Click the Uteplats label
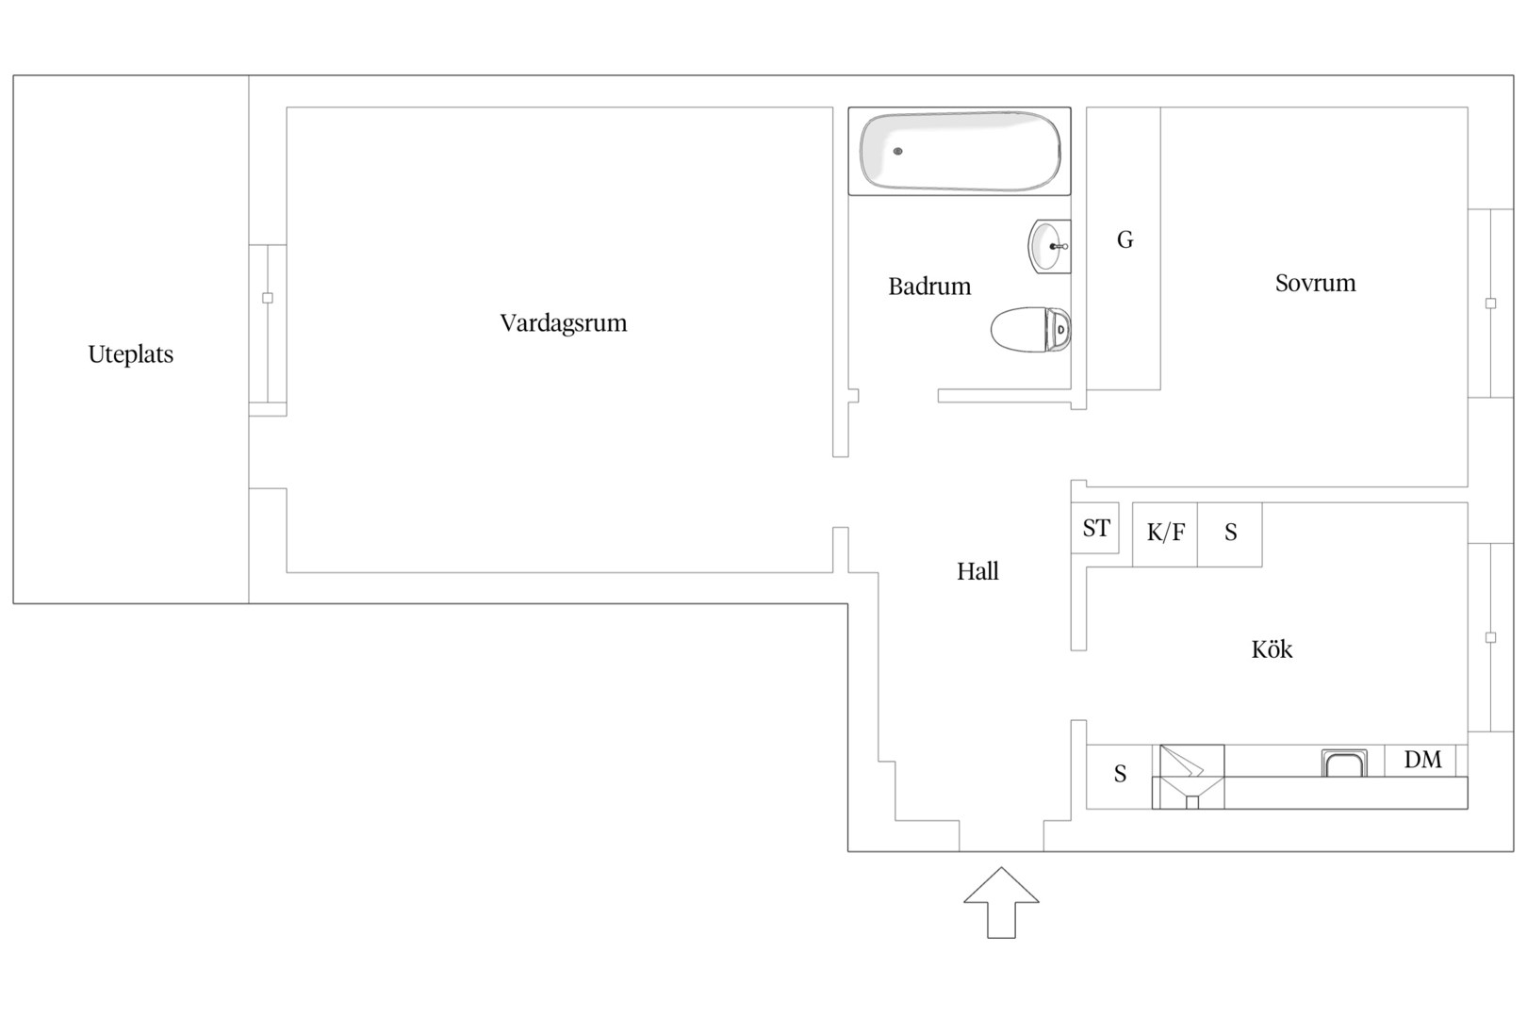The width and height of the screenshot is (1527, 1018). (131, 354)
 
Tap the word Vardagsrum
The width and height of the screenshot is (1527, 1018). (564, 323)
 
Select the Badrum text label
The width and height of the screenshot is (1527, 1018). (929, 287)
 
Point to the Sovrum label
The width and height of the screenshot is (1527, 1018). (1316, 283)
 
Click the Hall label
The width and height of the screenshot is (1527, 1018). (977, 571)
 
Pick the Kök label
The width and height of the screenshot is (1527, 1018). (1272, 649)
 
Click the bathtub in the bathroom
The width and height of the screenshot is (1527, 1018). (960, 152)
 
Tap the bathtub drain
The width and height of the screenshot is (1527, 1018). (897, 152)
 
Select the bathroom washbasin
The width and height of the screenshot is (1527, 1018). (1049, 246)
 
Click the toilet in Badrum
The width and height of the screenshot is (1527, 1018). (1031, 329)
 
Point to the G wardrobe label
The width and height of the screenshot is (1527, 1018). (1125, 240)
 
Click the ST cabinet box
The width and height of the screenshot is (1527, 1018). (1094, 528)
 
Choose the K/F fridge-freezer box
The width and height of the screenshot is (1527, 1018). (1165, 534)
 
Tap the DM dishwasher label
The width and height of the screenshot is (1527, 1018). (1422, 760)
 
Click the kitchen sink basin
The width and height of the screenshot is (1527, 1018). (1344, 763)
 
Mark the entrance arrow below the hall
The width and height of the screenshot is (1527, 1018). (1001, 903)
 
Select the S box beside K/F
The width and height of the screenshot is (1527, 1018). (1230, 534)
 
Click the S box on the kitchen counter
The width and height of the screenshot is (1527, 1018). (1120, 777)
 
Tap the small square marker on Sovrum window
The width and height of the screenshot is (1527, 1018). (1491, 304)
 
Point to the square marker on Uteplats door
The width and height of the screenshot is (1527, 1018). (268, 298)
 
